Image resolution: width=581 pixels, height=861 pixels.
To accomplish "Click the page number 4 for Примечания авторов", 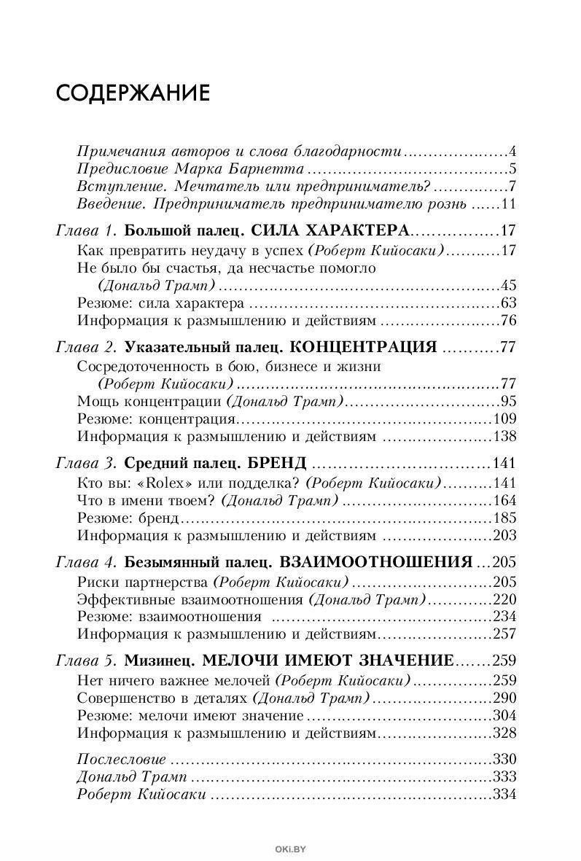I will [x=512, y=152].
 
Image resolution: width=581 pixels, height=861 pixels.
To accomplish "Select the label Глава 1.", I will [x=86, y=231].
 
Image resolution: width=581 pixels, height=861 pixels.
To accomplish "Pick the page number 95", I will [x=507, y=401].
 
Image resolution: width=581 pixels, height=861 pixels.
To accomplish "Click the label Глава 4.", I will [x=86, y=563].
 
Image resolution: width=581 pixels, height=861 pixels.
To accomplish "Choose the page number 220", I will [x=504, y=599].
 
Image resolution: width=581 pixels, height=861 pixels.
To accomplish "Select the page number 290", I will [x=504, y=697].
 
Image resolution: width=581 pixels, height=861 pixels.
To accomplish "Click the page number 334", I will [x=504, y=794].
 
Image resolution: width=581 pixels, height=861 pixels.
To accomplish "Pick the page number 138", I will [x=504, y=437].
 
